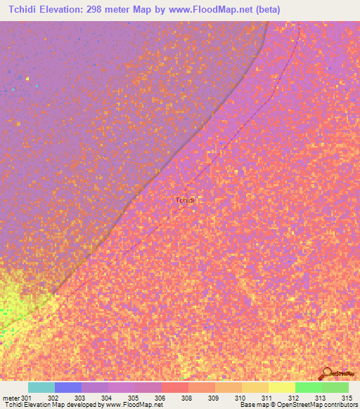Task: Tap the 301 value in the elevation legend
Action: (x=26, y=398)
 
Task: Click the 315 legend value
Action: (x=344, y=398)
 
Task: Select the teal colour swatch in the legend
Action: (x=41, y=388)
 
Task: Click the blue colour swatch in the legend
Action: (x=68, y=388)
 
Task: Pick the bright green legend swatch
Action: (x=309, y=388)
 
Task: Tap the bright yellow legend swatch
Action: (x=282, y=388)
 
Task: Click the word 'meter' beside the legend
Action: (x=11, y=398)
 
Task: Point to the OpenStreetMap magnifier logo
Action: (x=326, y=373)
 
